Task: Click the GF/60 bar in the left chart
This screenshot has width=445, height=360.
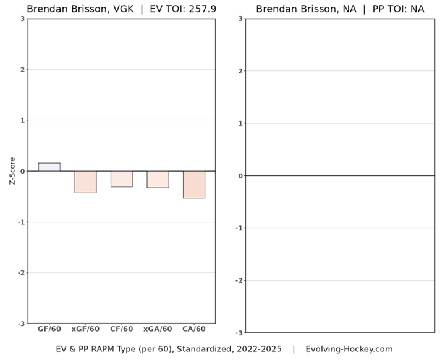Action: click(49, 167)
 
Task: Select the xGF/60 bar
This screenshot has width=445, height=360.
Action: click(85, 182)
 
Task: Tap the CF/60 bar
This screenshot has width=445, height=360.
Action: click(122, 179)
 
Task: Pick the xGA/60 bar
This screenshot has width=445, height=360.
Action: click(158, 179)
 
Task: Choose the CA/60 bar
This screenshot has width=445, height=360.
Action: click(194, 185)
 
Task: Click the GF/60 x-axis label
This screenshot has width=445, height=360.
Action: click(49, 329)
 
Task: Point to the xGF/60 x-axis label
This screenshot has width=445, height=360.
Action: click(85, 329)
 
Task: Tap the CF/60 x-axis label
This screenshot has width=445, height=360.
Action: click(122, 329)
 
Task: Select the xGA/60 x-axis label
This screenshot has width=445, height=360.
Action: click(158, 329)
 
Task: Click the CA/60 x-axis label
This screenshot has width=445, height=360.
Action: click(194, 329)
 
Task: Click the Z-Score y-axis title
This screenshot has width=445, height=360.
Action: click(12, 171)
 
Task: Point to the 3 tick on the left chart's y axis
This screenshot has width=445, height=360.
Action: click(22, 19)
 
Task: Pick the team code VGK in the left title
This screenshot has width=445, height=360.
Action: click(123, 9)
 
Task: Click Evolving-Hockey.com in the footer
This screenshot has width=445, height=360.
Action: click(349, 349)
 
